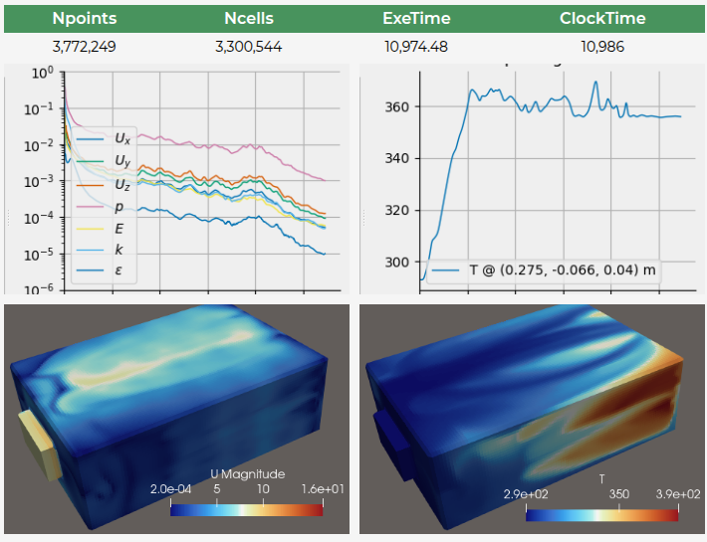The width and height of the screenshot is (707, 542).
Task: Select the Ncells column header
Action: click(x=249, y=19)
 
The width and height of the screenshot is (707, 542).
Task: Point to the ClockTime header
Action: click(x=601, y=19)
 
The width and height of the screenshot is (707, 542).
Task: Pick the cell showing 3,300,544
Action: click(x=249, y=47)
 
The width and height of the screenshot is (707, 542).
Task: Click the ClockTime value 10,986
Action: click(x=601, y=47)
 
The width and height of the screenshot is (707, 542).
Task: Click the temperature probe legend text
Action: click(x=555, y=269)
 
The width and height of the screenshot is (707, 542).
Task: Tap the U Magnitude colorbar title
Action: click(x=247, y=473)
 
